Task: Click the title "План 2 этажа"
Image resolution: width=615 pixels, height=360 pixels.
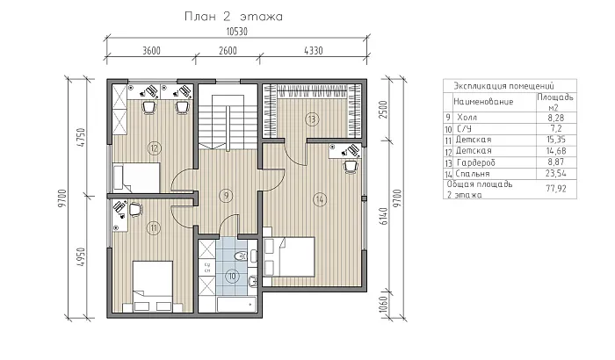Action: [x=234, y=17]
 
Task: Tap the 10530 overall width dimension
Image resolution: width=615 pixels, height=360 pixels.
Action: [x=237, y=32]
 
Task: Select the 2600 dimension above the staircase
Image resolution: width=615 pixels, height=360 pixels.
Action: [x=228, y=51]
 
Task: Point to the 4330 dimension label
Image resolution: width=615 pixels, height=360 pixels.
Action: [x=314, y=51]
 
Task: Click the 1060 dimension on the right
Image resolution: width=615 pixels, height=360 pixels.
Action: [x=384, y=305]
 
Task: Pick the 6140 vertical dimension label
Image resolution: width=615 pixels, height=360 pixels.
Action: [x=384, y=216]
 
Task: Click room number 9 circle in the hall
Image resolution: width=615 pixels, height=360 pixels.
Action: [x=226, y=195]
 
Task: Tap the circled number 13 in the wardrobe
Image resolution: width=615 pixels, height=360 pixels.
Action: [x=312, y=119]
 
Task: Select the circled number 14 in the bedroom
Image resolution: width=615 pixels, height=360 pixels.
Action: [x=320, y=199]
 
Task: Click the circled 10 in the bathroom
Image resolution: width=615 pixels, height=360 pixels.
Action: [x=233, y=276]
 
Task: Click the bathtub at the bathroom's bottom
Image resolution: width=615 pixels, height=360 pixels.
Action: [x=236, y=305]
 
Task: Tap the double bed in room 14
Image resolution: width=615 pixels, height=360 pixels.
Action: [x=290, y=256]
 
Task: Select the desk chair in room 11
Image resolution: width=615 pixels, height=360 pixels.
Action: [x=135, y=209]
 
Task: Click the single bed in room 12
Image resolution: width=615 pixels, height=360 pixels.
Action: [x=136, y=177]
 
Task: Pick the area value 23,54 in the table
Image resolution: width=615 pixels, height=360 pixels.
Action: [x=556, y=173]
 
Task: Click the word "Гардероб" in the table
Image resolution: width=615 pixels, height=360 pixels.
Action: [x=476, y=162]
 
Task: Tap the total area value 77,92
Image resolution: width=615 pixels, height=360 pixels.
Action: [x=556, y=189]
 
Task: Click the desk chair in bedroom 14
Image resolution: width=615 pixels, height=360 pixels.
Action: [x=351, y=167]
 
